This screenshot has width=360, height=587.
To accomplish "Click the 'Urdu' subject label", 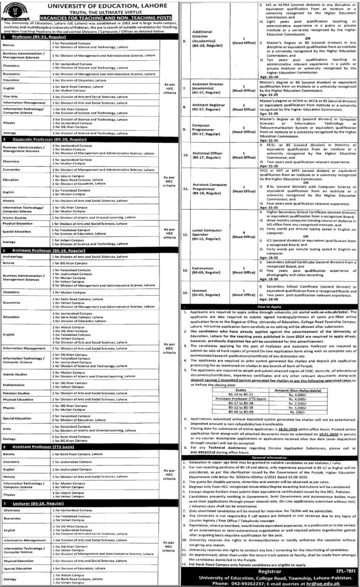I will point(9,427).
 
